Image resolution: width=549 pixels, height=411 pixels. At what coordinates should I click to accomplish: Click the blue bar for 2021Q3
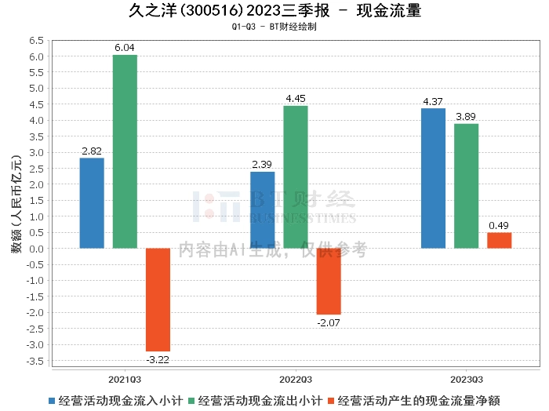92,203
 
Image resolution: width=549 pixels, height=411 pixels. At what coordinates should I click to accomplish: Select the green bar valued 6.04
125,151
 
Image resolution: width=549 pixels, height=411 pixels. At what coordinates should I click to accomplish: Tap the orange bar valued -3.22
158,300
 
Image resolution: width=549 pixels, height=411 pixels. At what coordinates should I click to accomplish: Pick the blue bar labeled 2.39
262,209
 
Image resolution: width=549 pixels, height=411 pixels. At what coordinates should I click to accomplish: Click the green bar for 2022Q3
296,177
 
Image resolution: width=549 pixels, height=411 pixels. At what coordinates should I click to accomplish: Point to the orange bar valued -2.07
329,281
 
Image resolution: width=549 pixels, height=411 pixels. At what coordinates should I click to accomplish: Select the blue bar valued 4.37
433,178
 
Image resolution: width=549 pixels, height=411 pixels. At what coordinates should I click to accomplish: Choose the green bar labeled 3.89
466,186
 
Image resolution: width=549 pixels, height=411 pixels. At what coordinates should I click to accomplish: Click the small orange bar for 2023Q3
499,240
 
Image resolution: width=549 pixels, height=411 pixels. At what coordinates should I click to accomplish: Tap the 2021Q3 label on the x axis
125,377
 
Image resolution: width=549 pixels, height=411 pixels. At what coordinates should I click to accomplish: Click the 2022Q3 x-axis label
296,377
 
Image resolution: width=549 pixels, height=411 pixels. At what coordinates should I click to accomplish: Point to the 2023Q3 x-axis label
466,377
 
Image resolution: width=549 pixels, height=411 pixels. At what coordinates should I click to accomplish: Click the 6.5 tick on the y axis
36,40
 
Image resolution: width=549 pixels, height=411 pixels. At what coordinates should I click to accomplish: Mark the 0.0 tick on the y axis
36,249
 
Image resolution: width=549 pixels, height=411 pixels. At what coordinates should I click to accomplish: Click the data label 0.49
499,226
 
